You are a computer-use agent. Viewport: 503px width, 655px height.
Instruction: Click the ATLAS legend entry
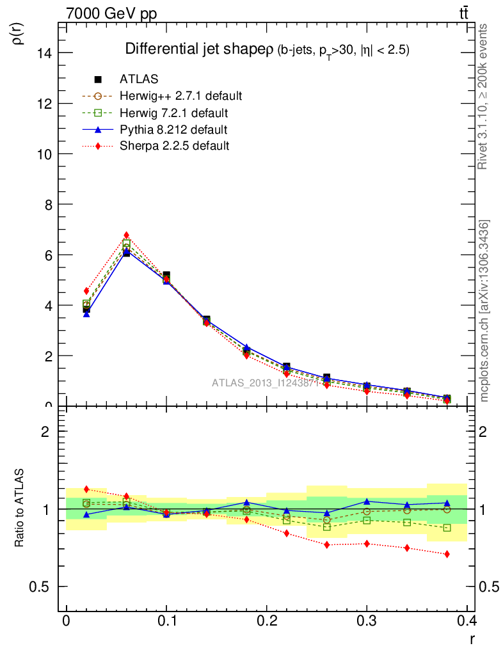[x=139, y=79]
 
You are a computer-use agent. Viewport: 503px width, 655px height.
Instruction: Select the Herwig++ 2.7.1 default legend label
[x=180, y=96]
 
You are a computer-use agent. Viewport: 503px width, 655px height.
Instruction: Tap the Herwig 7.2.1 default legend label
[x=173, y=113]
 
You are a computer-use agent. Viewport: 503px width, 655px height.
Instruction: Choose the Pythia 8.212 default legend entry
[x=173, y=130]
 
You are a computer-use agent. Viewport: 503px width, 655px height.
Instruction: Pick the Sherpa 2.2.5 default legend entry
[x=174, y=146]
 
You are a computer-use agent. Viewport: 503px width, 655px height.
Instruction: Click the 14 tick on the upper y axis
[x=44, y=52]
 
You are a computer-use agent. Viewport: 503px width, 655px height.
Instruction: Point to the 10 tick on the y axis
[x=44, y=154]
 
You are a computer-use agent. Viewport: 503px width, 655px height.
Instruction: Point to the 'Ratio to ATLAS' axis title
[x=20, y=509]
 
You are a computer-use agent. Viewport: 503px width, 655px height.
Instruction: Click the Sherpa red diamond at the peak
[x=127, y=235]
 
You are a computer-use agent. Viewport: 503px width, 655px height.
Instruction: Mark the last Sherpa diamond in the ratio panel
[x=447, y=554]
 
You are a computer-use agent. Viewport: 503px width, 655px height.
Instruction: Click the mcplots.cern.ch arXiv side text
[x=484, y=311]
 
